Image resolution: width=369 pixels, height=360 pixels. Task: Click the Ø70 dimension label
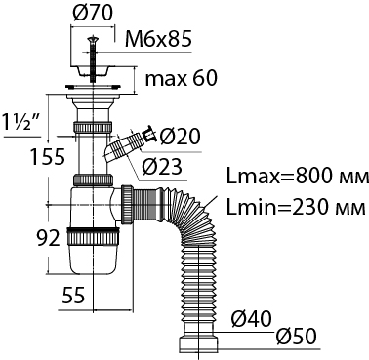(x=93, y=13)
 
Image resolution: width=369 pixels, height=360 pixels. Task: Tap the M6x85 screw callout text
(x=158, y=40)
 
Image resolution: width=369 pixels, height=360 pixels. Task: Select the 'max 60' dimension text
(x=181, y=78)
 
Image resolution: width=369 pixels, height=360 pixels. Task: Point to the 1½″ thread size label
(x=20, y=121)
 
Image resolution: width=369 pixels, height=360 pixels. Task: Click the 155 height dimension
(x=48, y=157)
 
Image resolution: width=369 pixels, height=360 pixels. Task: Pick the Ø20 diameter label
(x=180, y=137)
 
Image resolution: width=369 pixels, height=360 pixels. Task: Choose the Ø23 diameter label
(x=162, y=167)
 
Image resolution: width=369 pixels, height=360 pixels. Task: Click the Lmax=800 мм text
(x=297, y=178)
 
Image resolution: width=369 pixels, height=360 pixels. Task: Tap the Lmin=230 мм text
(x=296, y=207)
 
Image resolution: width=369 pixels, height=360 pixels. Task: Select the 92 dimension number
(x=48, y=238)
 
